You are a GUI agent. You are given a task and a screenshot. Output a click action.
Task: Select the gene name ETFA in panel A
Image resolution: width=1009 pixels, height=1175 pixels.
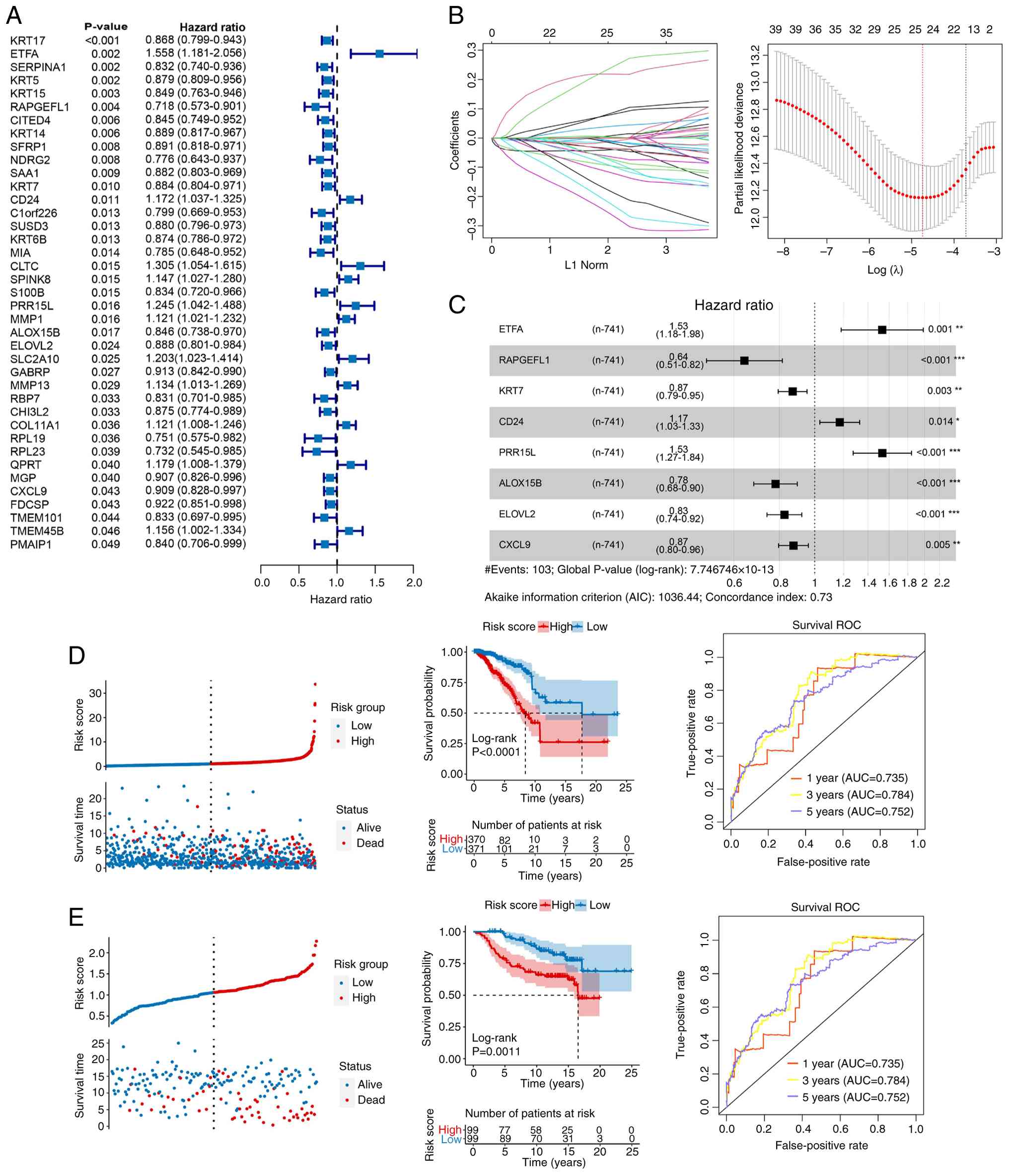[x=24, y=54]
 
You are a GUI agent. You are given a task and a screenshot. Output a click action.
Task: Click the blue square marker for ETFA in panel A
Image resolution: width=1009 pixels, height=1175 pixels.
[x=379, y=54]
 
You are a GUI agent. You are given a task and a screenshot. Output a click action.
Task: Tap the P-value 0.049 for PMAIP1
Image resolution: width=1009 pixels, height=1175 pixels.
[x=105, y=544]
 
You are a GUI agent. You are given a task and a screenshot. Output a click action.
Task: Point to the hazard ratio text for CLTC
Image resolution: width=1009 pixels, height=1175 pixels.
[x=196, y=265]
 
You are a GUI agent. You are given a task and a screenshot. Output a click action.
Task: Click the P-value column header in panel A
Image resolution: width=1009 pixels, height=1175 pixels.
[x=106, y=27]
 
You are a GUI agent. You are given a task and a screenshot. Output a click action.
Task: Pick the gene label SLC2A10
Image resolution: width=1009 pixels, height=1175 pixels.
[x=35, y=359]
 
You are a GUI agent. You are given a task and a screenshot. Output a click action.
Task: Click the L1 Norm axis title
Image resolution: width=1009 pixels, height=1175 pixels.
[x=586, y=265]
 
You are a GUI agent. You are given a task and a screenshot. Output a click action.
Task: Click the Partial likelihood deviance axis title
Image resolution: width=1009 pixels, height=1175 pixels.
[x=738, y=148]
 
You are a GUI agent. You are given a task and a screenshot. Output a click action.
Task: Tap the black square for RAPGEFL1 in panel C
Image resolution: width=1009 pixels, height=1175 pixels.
[x=744, y=361]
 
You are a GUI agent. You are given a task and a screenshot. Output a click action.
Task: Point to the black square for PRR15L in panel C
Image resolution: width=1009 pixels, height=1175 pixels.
[x=882, y=453]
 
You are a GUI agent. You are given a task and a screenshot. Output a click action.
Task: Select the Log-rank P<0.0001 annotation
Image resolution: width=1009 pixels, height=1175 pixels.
[x=496, y=745]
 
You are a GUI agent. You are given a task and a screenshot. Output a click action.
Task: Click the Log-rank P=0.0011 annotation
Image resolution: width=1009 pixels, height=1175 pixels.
[x=496, y=1044]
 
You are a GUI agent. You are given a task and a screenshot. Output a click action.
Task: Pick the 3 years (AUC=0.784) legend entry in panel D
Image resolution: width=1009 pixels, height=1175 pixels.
[x=860, y=795]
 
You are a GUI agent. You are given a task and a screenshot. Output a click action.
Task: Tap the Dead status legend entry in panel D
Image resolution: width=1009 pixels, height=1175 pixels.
[x=369, y=843]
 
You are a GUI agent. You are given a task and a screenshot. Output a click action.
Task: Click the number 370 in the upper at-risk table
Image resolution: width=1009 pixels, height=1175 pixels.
[x=476, y=840]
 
